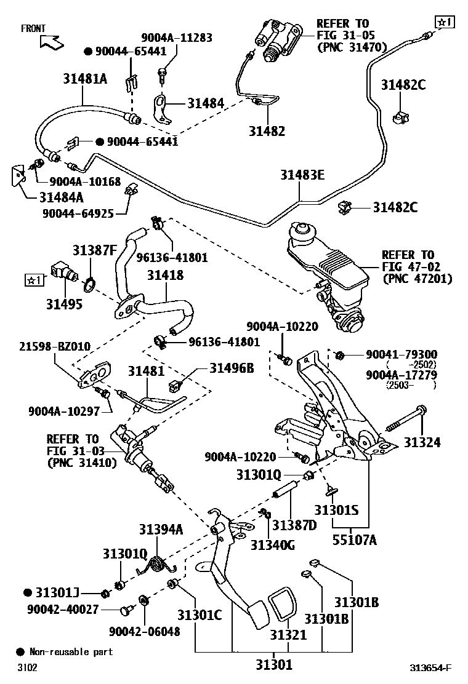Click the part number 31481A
pos(84,78)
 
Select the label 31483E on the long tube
pos(300,176)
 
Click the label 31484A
pos(62,197)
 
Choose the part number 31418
pos(164,275)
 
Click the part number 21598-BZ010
pos(54,347)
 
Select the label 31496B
pos(232,368)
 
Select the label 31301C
pos(200,614)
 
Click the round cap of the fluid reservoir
pos(303,231)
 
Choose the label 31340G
pos(272,544)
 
